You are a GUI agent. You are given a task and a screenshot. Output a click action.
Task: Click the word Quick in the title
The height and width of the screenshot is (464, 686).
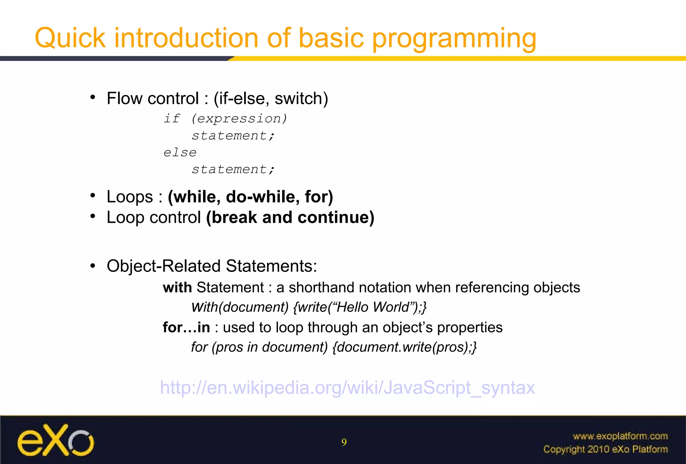[70, 38]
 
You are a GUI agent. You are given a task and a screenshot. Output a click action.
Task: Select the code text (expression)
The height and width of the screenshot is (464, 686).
[239, 119]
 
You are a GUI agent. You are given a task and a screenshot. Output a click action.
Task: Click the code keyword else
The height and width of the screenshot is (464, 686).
[180, 153]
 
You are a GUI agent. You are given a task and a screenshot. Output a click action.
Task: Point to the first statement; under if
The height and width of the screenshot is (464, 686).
[233, 136]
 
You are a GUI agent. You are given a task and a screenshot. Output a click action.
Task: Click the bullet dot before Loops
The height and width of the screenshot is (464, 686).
[93, 196]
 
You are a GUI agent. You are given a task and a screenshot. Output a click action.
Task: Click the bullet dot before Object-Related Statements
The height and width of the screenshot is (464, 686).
[93, 266]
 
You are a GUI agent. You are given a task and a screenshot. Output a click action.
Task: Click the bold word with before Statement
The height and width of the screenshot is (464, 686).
[177, 288]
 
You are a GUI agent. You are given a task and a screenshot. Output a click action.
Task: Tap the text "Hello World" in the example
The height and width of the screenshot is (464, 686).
[373, 307]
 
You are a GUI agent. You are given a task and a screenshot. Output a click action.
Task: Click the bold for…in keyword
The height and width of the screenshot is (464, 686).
[186, 327]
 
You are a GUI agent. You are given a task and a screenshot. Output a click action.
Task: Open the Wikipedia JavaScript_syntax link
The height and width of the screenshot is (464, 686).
[347, 388]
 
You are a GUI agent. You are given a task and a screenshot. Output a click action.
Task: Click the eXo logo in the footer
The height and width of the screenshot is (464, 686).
[56, 440]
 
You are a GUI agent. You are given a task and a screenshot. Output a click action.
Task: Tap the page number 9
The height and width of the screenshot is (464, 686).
[344, 443]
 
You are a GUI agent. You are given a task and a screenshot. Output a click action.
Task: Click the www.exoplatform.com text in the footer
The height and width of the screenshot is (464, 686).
[620, 436]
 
